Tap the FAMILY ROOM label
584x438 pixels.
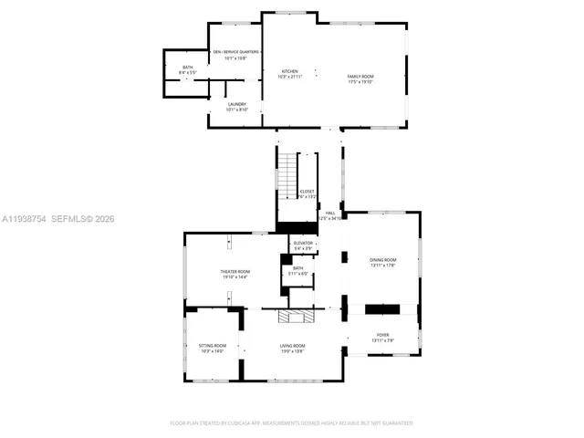tap(361, 77)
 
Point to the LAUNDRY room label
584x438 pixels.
tap(236, 106)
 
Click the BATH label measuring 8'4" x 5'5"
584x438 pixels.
tap(187, 68)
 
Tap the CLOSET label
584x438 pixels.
tap(307, 193)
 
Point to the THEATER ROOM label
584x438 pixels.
tap(235, 273)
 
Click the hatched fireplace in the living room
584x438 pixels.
tap(295, 317)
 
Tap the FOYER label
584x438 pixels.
tap(382, 336)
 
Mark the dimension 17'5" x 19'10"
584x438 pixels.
tap(361, 82)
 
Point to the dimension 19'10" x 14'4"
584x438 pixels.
tap(235, 277)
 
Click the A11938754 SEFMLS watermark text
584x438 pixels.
tap(57, 219)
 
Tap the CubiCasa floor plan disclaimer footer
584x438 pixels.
tap(292, 422)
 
